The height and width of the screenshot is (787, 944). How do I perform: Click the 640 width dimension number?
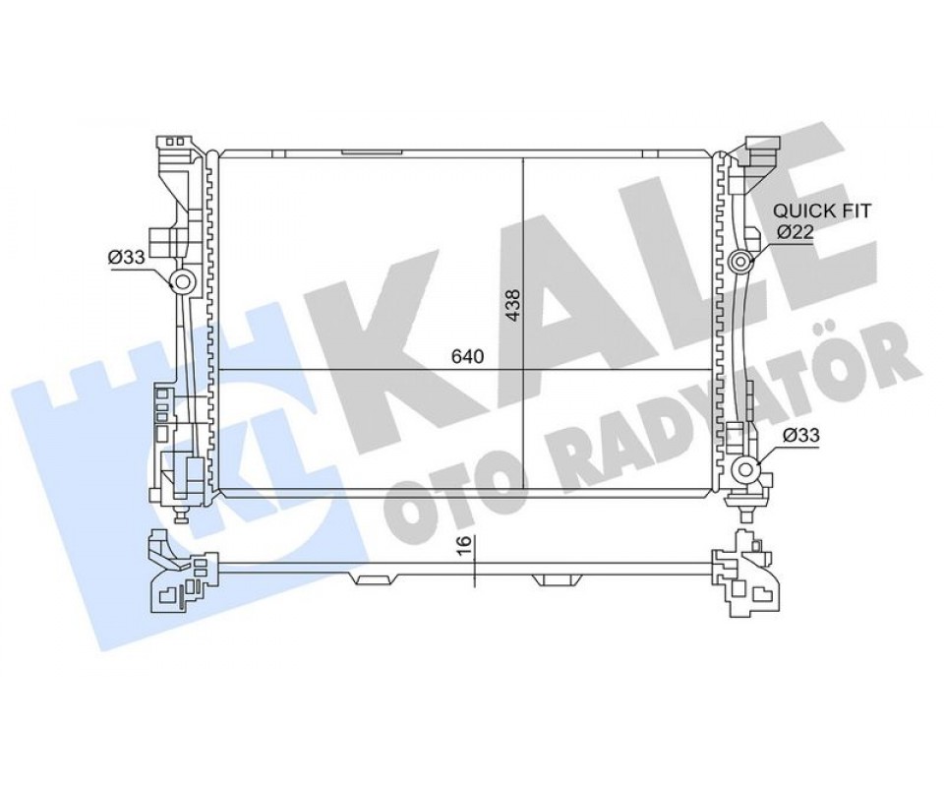[x=468, y=356]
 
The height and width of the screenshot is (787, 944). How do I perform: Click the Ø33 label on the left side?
[x=127, y=258]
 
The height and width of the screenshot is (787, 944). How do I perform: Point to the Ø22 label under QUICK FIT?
[x=795, y=231]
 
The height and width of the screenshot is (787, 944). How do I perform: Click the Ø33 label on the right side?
[x=800, y=435]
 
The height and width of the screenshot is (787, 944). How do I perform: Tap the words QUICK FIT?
[x=822, y=211]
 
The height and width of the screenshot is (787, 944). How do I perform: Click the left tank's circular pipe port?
[x=181, y=280]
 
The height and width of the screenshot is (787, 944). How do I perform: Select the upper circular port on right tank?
[x=741, y=262]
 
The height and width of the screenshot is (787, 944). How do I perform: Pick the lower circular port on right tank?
[x=745, y=469]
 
